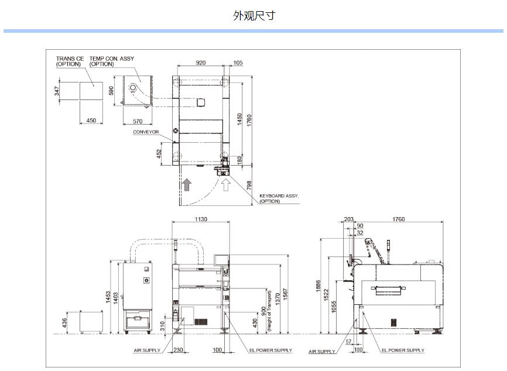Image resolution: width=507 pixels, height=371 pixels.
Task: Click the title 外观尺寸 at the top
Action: click(x=253, y=15)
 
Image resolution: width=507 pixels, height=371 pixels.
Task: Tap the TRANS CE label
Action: click(x=70, y=59)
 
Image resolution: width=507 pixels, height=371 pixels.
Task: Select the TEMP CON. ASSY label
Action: click(x=112, y=59)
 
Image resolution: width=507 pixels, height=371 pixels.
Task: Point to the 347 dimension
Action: click(x=57, y=91)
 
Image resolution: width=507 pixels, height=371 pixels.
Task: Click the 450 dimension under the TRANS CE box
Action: click(x=91, y=121)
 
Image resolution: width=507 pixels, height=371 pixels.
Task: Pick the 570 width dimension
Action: click(x=138, y=121)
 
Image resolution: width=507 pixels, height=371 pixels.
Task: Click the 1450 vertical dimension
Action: click(x=239, y=119)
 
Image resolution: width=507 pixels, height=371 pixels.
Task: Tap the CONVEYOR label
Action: click(x=146, y=132)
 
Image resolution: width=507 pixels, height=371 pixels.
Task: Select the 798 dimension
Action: click(x=249, y=185)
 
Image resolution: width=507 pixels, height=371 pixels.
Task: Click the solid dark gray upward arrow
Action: click(x=187, y=186)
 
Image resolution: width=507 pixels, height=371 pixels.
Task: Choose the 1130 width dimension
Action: click(x=200, y=219)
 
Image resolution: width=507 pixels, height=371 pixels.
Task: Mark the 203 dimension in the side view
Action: click(x=349, y=219)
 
